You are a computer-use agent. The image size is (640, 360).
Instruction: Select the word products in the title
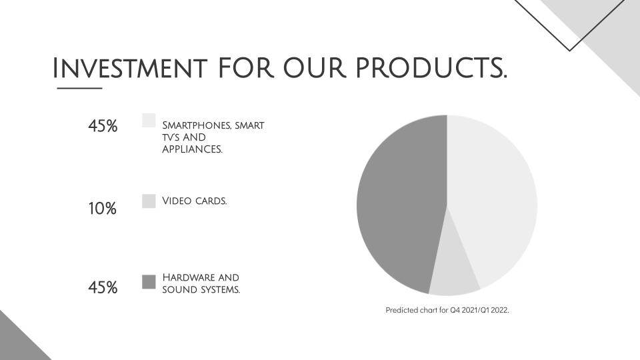(430, 68)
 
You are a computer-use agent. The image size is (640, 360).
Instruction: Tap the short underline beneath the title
(79, 88)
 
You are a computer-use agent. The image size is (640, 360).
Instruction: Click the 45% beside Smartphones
(103, 126)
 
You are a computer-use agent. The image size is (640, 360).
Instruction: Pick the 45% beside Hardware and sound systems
(103, 288)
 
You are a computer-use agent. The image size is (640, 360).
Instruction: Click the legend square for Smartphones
(149, 120)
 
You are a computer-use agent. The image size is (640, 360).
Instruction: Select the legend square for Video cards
(149, 201)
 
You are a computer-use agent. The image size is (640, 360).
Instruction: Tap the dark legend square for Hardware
(149, 282)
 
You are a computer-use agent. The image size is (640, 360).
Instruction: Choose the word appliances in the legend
(192, 150)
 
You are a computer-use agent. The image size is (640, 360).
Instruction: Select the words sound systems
(201, 289)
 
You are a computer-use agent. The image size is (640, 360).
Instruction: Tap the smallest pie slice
(453, 270)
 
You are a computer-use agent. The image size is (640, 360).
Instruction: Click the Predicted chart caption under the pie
(447, 310)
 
